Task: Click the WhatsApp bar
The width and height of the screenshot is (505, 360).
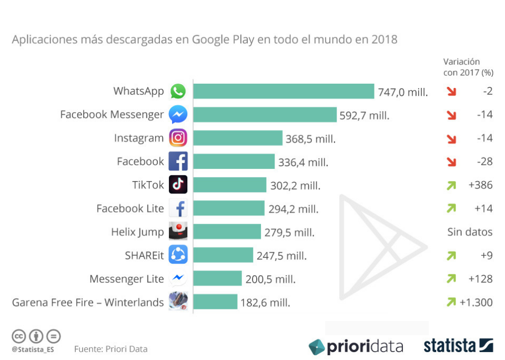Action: (x=284, y=91)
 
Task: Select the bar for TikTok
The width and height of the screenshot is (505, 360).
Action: (x=229, y=185)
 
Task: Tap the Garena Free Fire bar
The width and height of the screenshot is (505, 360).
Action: (x=215, y=302)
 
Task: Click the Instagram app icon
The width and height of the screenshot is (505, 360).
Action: (x=178, y=138)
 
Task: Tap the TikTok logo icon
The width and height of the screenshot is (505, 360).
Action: (x=178, y=185)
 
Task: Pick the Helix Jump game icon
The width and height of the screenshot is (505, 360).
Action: (x=178, y=232)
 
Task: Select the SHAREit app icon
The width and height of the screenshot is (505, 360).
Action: (x=178, y=255)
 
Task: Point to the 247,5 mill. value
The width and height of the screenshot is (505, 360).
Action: (x=281, y=256)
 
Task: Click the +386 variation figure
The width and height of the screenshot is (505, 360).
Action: (x=480, y=185)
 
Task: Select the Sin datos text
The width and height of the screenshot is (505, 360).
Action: (x=470, y=232)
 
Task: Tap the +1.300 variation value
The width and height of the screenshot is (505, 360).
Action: (x=476, y=302)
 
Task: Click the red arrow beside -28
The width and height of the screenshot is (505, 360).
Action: (x=451, y=162)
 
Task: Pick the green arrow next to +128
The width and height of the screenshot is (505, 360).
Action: (x=451, y=278)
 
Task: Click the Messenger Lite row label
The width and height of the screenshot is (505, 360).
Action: (x=126, y=279)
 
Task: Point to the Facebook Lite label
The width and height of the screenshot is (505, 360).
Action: (x=130, y=208)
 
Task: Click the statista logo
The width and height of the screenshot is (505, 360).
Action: (x=458, y=346)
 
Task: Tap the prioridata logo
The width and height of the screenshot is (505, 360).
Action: (x=356, y=346)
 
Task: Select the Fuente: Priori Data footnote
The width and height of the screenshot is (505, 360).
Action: (x=110, y=349)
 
